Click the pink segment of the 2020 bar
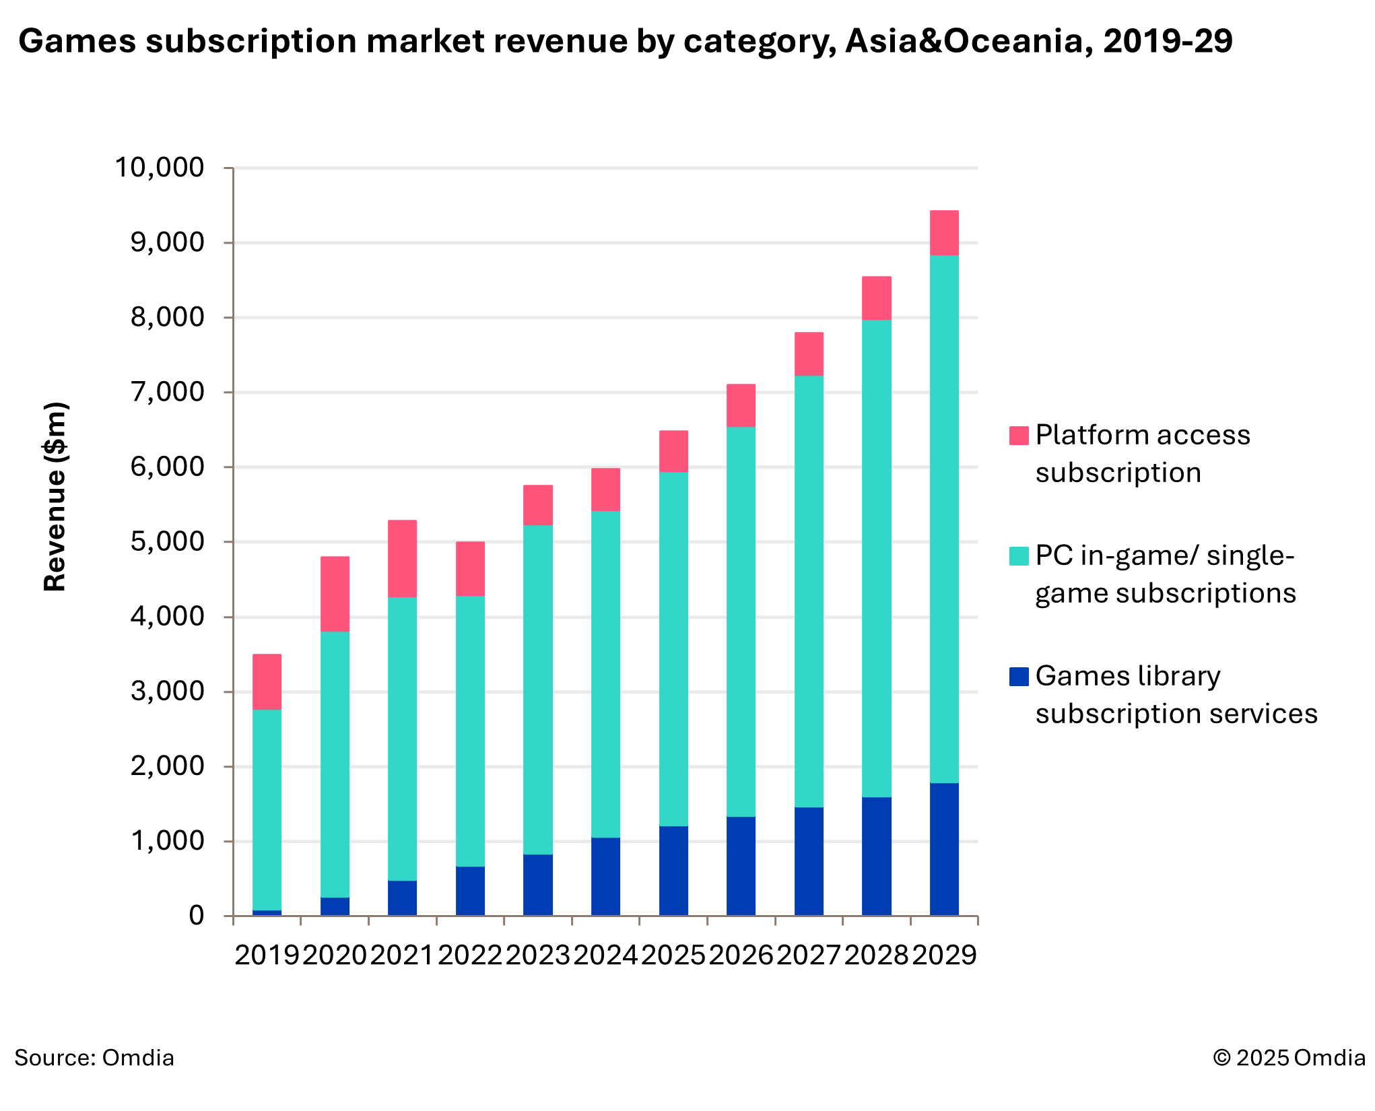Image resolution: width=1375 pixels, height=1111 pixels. (335, 594)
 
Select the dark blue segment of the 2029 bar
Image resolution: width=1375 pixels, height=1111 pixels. (944, 849)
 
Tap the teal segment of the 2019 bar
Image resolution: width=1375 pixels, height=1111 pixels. (267, 810)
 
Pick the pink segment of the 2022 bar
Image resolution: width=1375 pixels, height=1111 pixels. (470, 569)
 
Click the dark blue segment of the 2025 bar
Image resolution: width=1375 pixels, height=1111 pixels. (673, 871)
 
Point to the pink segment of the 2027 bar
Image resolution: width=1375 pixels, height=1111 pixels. (809, 354)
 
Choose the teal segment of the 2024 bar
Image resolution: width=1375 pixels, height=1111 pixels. (605, 674)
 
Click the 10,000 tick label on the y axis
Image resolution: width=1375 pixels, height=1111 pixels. (160, 168)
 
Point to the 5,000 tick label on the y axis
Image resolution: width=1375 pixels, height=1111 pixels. (167, 542)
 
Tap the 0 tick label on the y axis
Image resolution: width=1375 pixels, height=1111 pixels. (196, 916)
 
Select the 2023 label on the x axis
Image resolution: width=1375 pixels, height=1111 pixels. (537, 955)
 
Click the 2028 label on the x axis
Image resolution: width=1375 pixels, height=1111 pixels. (876, 955)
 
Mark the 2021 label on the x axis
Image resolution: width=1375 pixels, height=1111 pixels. (402, 955)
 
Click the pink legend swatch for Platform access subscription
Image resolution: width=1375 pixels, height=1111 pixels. (1019, 436)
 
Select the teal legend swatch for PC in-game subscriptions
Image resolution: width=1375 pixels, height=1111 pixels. (1019, 556)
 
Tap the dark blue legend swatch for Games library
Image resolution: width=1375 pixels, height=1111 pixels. (1019, 677)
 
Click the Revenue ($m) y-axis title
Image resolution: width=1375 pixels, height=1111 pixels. (55, 497)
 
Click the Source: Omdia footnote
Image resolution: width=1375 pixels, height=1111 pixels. (94, 1058)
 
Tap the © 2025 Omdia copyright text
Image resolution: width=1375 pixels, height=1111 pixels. (1289, 1058)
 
